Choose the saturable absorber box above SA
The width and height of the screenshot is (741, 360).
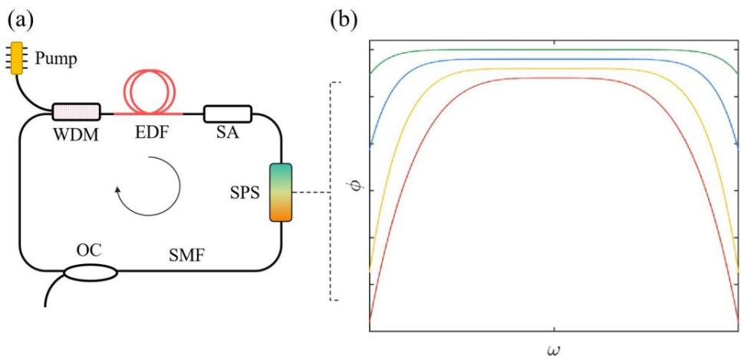click(x=228, y=114)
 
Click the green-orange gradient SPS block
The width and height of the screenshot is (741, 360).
click(x=282, y=193)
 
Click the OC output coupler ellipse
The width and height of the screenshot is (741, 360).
click(x=91, y=272)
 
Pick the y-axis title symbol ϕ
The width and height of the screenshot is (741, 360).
click(x=353, y=188)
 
